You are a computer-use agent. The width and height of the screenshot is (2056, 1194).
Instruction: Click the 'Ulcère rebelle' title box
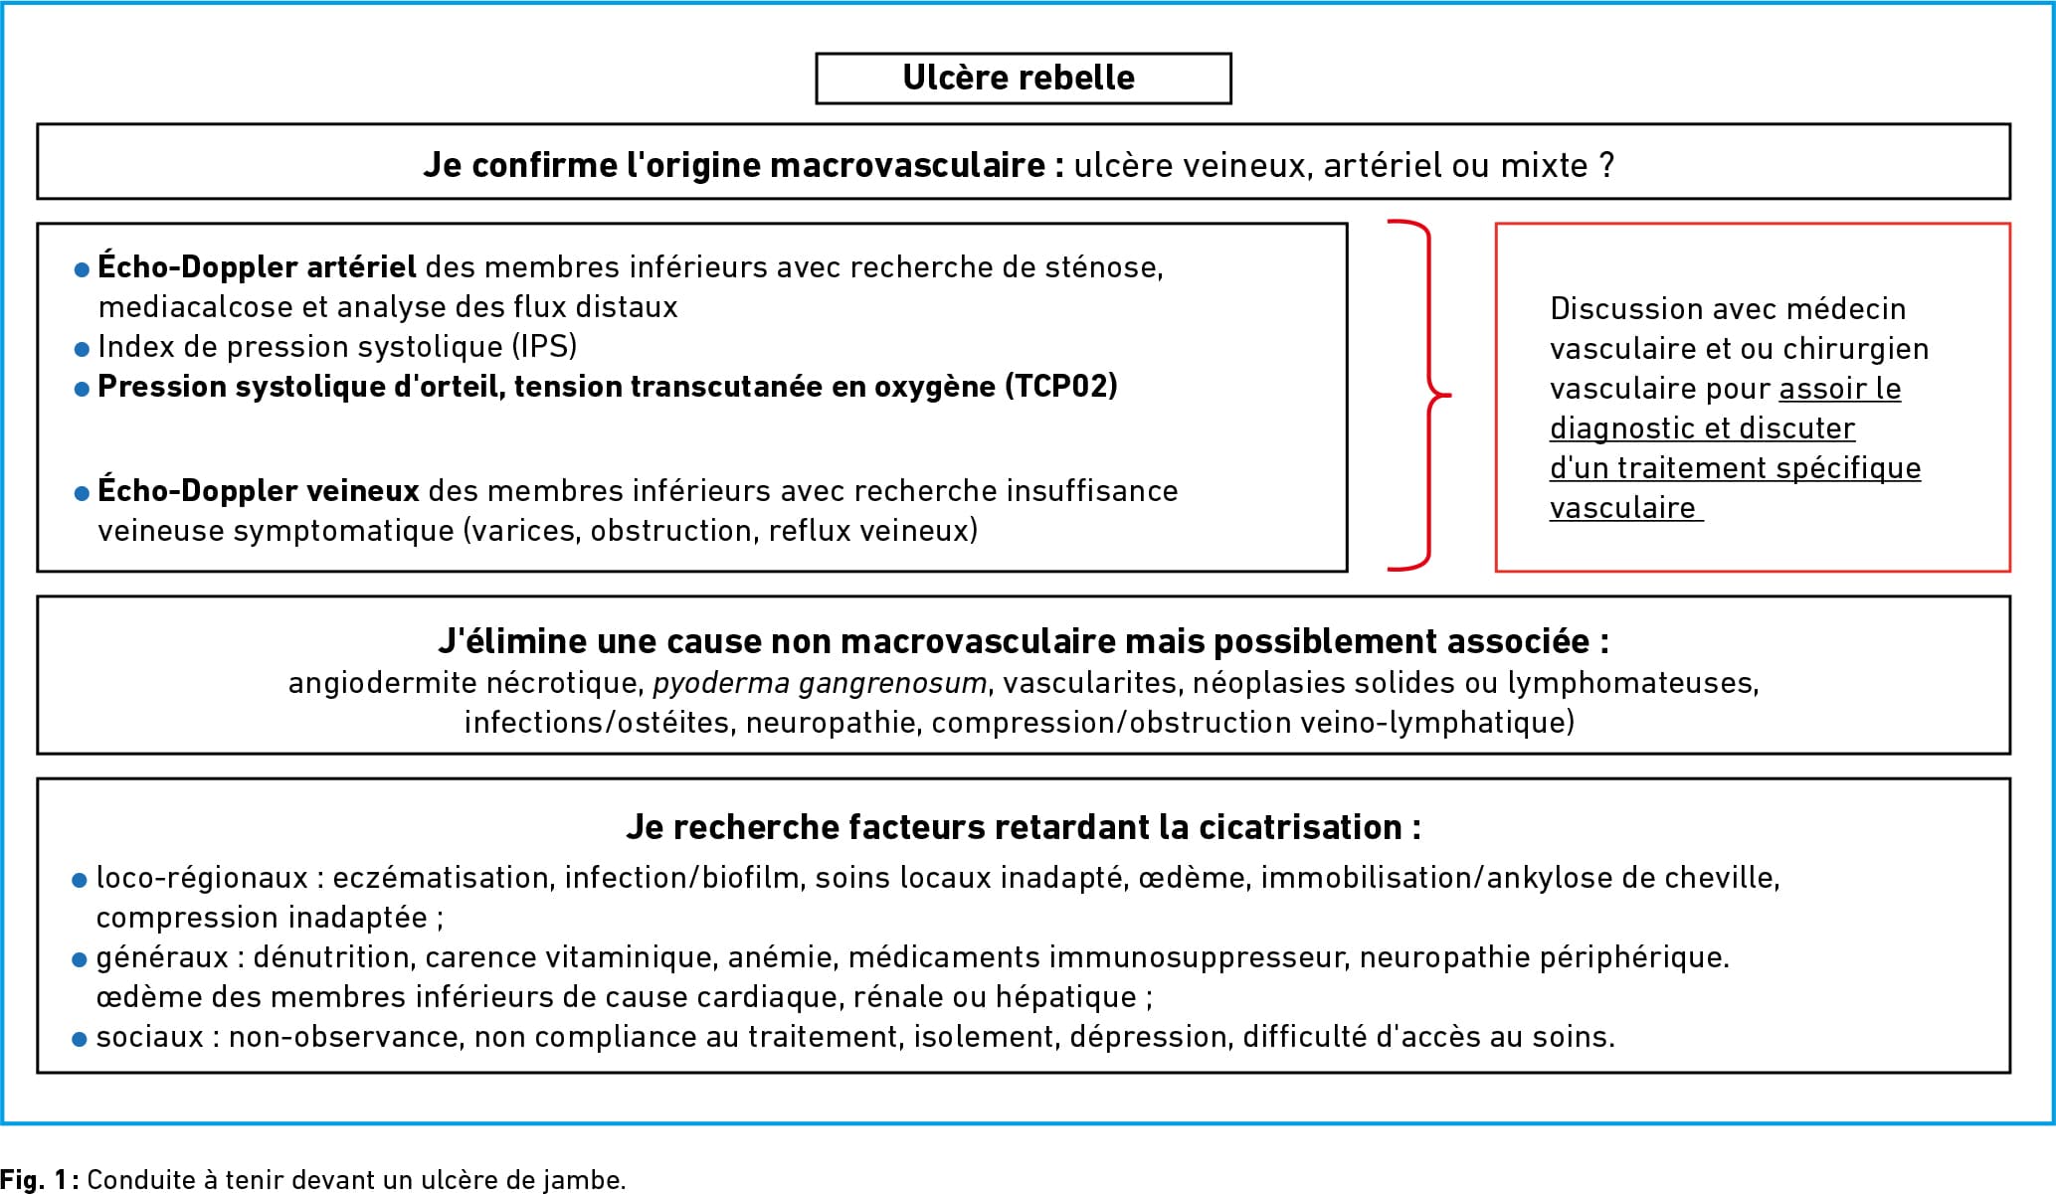click(1023, 79)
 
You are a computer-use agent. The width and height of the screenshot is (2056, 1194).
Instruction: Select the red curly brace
click(1429, 395)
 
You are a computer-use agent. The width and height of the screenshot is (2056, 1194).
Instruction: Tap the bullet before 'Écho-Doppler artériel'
click(83, 269)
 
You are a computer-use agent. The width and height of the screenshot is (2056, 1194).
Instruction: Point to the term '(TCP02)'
click(1061, 387)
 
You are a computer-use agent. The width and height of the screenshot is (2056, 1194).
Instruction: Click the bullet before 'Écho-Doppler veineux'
click(83, 493)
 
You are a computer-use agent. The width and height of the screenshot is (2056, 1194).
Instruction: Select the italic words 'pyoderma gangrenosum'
click(820, 684)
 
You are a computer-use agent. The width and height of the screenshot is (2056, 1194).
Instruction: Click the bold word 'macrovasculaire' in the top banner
click(907, 165)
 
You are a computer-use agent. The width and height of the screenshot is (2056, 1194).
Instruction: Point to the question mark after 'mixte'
click(1606, 165)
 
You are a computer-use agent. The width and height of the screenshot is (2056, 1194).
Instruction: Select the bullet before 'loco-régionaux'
click(81, 880)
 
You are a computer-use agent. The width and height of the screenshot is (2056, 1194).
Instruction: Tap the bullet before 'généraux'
click(81, 959)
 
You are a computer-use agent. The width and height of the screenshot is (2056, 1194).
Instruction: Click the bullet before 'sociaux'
click(81, 1039)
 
